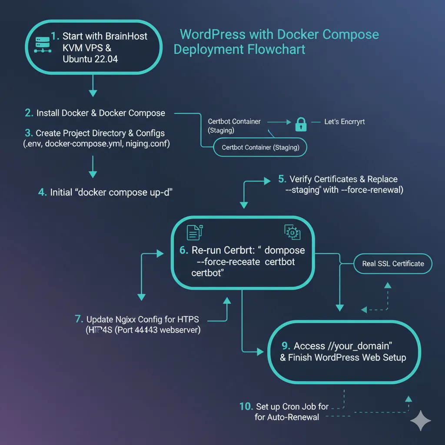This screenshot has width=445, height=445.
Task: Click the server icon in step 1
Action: (40, 44)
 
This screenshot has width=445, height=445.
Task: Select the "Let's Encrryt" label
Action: (345, 122)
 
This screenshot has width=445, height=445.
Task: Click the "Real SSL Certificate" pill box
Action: (393, 263)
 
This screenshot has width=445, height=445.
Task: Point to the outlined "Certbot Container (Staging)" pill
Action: (260, 147)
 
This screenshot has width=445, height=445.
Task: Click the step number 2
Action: (29, 113)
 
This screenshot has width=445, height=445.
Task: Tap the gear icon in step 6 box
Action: (292, 232)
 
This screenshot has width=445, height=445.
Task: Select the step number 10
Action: (246, 406)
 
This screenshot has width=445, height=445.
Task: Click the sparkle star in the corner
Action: (420, 421)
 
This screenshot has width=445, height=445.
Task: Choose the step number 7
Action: (79, 319)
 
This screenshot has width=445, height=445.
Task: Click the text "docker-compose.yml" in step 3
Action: (85, 144)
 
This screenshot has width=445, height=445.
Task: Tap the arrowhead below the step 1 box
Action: (93, 93)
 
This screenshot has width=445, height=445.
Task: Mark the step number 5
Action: (282, 179)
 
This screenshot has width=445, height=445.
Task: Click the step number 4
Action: (42, 192)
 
